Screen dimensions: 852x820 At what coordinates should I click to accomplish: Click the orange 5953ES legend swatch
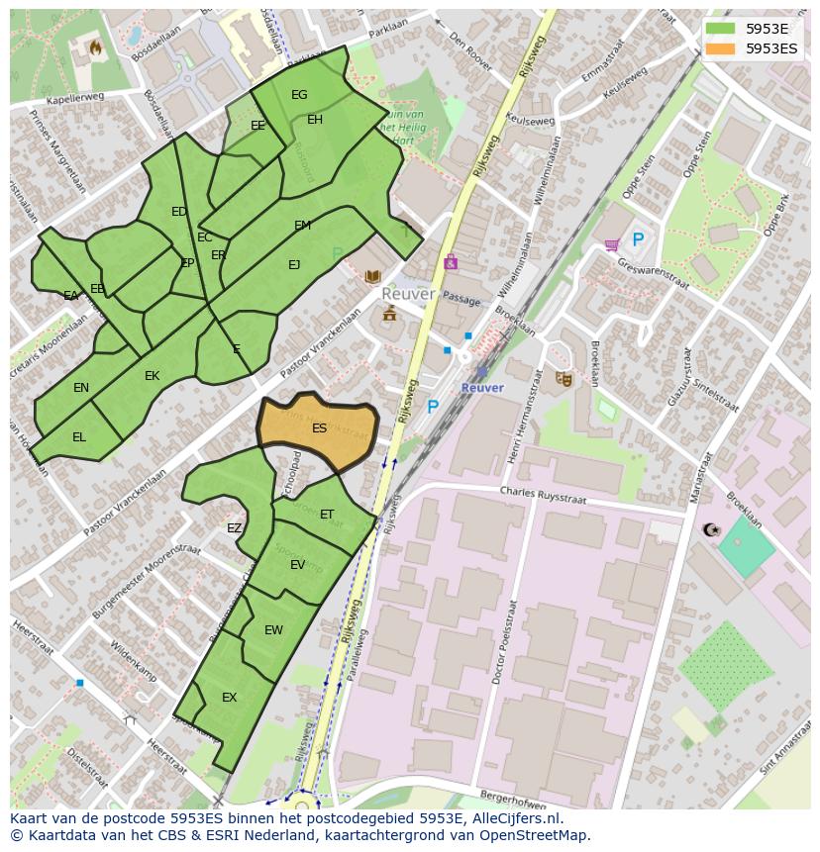click(x=721, y=48)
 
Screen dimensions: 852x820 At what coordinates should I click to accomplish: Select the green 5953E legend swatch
click(x=721, y=29)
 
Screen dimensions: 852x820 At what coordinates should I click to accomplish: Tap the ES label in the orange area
click(x=319, y=428)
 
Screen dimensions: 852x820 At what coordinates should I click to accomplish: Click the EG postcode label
click(x=299, y=95)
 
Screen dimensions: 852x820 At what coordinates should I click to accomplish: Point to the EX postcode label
click(x=229, y=698)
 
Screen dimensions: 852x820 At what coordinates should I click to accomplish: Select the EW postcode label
click(x=273, y=630)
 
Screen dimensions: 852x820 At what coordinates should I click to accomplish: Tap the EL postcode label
click(x=79, y=437)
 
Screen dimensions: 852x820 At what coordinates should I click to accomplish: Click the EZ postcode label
click(x=234, y=528)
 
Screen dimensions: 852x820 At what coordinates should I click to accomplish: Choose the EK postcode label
click(x=152, y=376)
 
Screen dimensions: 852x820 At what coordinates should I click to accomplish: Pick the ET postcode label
click(x=327, y=515)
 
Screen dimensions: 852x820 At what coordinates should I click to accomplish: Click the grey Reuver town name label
click(x=408, y=295)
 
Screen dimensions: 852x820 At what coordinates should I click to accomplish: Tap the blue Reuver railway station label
click(x=482, y=388)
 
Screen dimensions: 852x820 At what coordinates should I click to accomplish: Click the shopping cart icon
click(x=611, y=243)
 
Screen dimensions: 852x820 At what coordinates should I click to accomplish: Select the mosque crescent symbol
click(x=709, y=530)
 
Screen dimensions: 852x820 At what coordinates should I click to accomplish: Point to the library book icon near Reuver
click(x=372, y=277)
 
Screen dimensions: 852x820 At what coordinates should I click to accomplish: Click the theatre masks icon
click(x=564, y=378)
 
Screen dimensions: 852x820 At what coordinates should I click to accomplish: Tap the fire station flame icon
click(x=96, y=47)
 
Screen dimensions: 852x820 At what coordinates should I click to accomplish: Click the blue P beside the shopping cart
click(x=638, y=240)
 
